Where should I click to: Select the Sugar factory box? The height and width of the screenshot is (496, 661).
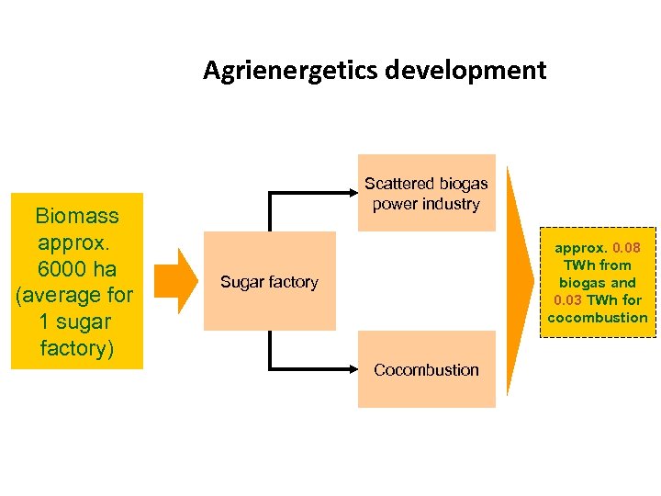coord(269,281)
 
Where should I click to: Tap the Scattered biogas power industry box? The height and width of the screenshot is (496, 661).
coord(426,193)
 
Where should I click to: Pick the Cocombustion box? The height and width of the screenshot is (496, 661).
coord(426,370)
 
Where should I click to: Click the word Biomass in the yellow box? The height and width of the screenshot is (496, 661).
coord(77,217)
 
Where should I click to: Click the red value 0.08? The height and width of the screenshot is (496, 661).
coord(627,248)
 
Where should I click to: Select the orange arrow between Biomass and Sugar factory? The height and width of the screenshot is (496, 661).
coord(175,276)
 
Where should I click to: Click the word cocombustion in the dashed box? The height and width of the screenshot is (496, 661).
coord(598,318)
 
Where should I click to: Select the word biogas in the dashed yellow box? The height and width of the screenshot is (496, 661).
coord(585,283)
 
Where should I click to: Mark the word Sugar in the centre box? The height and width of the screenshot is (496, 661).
coord(239,282)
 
